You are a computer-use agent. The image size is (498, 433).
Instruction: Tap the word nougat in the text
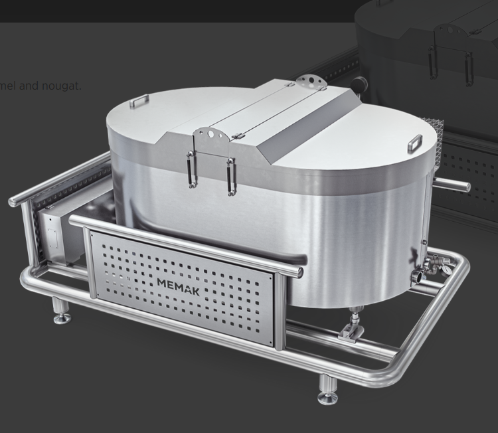click(60, 86)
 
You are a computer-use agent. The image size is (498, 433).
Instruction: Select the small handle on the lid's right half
click(415, 141)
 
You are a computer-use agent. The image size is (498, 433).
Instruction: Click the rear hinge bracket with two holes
click(307, 82)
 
